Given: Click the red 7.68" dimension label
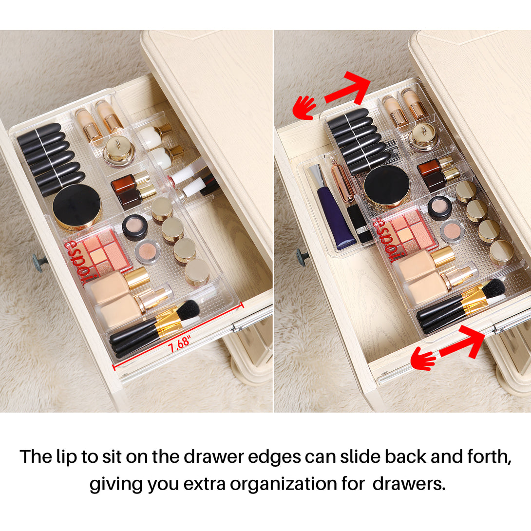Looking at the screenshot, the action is [180, 342].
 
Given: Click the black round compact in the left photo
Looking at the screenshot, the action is [77, 207].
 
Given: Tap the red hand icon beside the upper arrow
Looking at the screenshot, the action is [304, 107].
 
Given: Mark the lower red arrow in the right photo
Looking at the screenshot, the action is [462, 342].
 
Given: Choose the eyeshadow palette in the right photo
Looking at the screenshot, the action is [405, 235].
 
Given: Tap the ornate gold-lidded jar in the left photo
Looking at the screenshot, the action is [119, 151].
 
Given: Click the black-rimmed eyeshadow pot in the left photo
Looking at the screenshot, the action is [135, 227].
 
